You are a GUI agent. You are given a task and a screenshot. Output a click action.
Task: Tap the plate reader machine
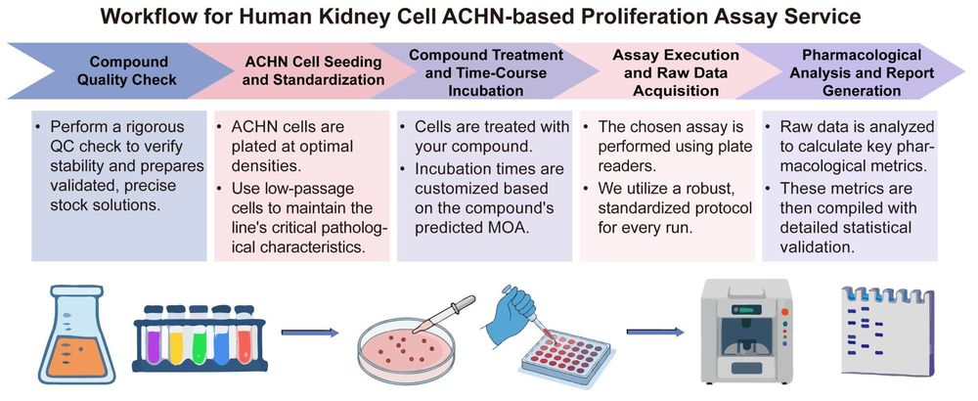click(746, 333)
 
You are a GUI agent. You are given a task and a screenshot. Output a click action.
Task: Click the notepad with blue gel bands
click(886, 333)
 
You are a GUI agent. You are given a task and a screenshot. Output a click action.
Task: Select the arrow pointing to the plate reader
click(653, 333)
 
